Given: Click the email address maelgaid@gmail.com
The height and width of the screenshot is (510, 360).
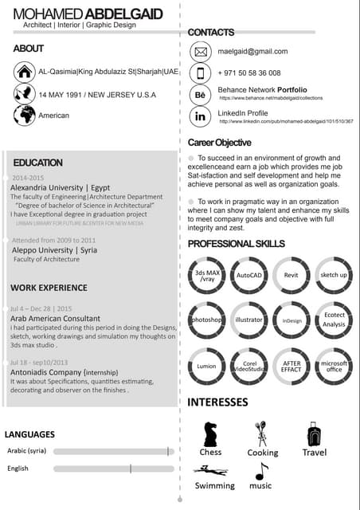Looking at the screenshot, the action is click(252, 51).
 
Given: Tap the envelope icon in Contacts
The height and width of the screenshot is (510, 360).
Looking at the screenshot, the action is click(200, 53).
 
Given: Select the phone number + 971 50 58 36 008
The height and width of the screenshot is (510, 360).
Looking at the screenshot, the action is click(249, 73).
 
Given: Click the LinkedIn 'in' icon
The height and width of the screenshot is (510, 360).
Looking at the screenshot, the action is click(200, 116).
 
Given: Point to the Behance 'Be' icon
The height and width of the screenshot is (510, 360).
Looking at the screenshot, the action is click(200, 95).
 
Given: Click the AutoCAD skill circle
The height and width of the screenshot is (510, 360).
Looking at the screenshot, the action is click(249, 276).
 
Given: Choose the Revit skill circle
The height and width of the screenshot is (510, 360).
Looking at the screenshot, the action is click(291, 276).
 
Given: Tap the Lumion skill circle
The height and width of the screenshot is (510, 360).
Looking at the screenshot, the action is click(206, 367).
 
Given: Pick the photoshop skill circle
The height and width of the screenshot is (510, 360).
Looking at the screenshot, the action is click(206, 320).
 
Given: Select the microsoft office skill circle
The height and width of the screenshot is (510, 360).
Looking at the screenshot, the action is click(334, 367).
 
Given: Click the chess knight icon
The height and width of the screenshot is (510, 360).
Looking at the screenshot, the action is click(210, 433).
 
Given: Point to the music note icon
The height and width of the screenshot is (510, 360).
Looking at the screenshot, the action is click(260, 471).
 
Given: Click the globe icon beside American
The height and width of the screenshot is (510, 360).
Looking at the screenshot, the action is click(25, 116).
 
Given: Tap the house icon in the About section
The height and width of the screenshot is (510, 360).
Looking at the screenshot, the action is click(25, 72).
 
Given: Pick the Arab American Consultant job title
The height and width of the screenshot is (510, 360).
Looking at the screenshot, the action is click(55, 318).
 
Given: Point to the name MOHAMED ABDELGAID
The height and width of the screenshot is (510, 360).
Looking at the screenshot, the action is click(88, 14).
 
